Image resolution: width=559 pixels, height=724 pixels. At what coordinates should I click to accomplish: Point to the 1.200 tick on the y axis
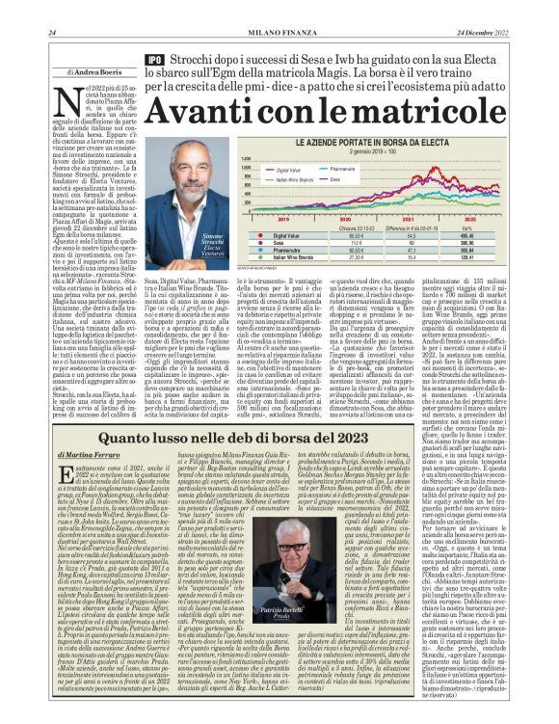click(245, 162)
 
